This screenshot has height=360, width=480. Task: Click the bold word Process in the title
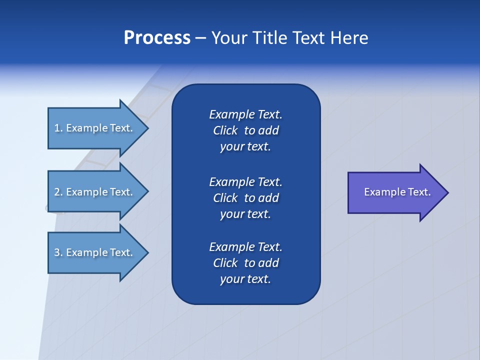157,38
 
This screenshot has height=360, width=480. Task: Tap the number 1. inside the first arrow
58,128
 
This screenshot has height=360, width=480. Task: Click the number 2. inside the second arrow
58,192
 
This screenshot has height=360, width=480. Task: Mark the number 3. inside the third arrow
58,252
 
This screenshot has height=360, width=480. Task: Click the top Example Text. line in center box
245,114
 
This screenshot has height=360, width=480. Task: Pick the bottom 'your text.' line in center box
245,279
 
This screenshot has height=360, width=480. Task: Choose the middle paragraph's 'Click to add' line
245,198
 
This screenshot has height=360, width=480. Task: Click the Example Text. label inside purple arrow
397,192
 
